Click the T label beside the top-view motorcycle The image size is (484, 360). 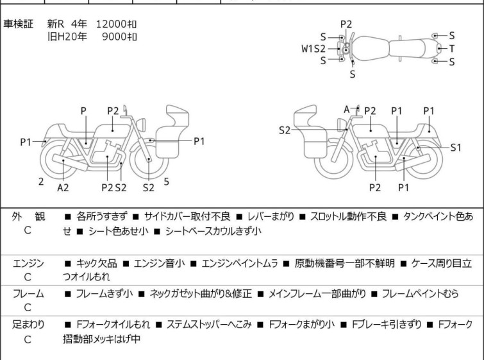[x=452, y=48]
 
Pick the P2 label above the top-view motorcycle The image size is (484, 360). [x=346, y=24]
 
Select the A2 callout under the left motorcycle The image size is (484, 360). [x=63, y=187]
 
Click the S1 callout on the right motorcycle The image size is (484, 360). [x=455, y=147]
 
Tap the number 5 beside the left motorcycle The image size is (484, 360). [x=167, y=182]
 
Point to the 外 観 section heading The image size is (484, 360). [x=28, y=217]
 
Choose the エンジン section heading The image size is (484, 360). [x=28, y=264]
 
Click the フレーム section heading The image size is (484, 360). [x=28, y=294]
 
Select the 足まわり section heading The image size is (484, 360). [x=28, y=324]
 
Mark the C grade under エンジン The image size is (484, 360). [x=28, y=277]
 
